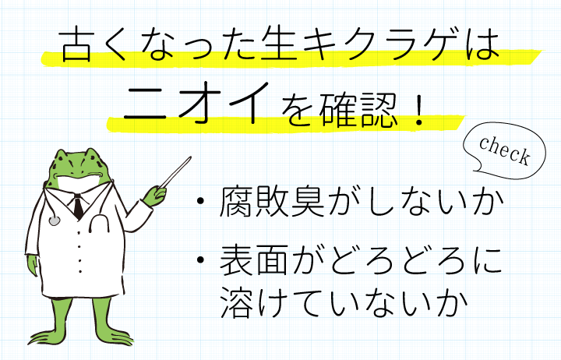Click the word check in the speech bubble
(504, 150)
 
